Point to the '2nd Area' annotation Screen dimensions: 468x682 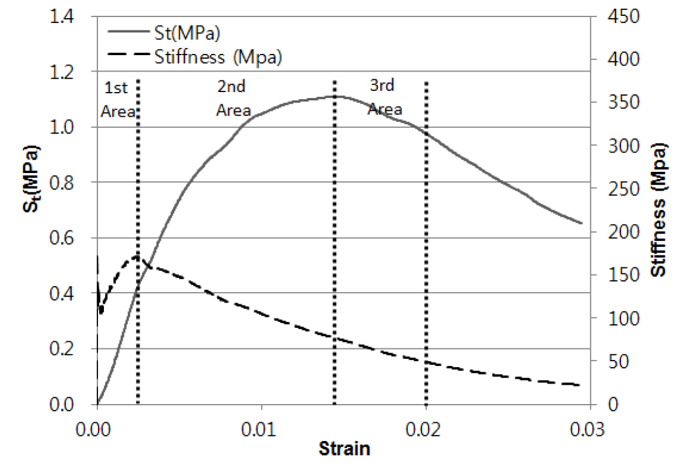tap(233, 99)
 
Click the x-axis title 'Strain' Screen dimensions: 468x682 tap(345, 450)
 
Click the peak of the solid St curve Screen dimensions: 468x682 tap(335, 96)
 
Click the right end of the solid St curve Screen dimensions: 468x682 tap(582, 223)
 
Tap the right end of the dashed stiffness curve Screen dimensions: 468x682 tap(580, 385)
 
